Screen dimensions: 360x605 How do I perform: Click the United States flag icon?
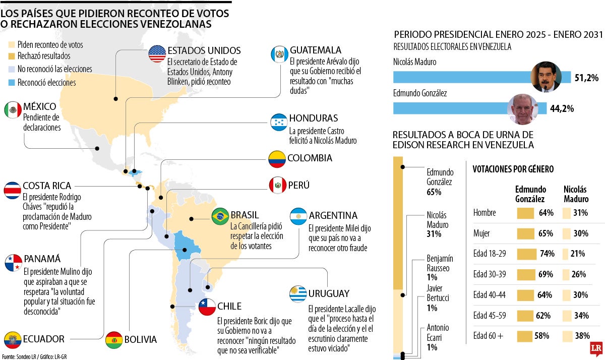pyautogui.click(x=157, y=53)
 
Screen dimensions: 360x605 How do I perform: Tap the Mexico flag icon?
pyautogui.click(x=13, y=110)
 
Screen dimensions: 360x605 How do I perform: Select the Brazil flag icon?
pyautogui.click(x=220, y=216)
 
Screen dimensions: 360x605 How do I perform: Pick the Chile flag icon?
pyautogui.click(x=207, y=307)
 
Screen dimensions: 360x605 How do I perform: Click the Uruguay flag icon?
pyautogui.click(x=298, y=293)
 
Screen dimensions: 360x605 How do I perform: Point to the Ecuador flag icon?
pyautogui.click(x=13, y=339)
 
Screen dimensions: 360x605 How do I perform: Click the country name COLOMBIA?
pyautogui.click(x=310, y=158)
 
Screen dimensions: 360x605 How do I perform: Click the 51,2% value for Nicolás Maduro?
pyautogui.click(x=586, y=78)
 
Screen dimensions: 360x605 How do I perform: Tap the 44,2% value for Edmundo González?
pyautogui.click(x=562, y=108)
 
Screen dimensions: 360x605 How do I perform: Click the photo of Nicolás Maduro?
pyautogui.click(x=547, y=77)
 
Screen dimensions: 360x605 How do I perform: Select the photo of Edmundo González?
pyautogui.click(x=522, y=109)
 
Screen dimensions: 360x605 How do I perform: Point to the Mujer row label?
pyautogui.click(x=482, y=233)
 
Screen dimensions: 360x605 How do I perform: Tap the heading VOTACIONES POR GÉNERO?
pyautogui.click(x=513, y=169)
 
